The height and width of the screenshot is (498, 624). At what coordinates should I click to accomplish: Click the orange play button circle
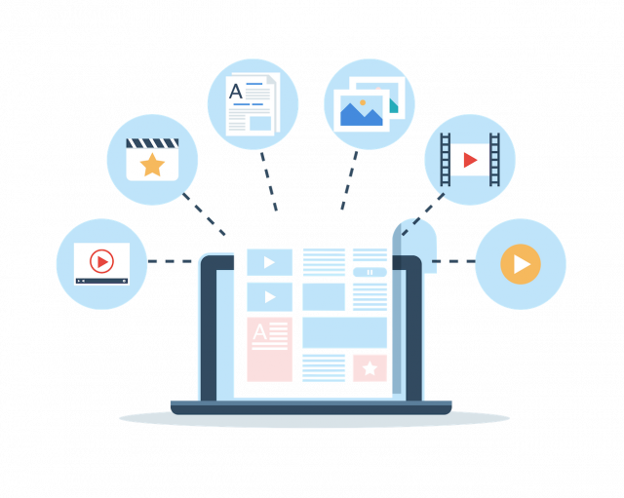(x=521, y=263)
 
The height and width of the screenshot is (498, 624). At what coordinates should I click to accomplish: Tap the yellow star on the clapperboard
(x=152, y=165)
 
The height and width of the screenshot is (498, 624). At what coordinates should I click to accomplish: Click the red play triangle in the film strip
(x=470, y=160)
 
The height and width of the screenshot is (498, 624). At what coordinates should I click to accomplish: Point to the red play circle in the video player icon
(x=100, y=261)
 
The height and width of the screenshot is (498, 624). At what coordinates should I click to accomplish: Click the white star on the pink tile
(x=370, y=367)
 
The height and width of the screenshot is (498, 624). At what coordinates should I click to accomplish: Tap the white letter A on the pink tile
(x=259, y=334)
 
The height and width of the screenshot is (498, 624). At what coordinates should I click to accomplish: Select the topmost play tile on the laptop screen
(x=268, y=261)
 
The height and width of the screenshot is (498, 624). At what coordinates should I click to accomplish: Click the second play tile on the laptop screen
(x=268, y=294)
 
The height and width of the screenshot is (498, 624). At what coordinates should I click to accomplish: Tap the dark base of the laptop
(x=311, y=406)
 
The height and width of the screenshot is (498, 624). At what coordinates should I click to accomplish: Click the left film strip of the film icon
(x=446, y=158)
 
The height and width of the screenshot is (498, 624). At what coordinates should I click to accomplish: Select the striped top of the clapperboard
(x=152, y=144)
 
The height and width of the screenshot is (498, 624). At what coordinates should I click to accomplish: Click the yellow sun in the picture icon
(x=362, y=100)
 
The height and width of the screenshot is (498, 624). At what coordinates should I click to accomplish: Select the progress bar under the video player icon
(x=101, y=281)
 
